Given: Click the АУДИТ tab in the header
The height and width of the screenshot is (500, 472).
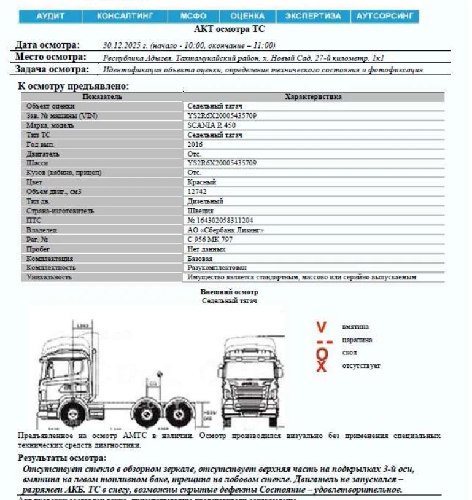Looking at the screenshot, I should click(50, 16).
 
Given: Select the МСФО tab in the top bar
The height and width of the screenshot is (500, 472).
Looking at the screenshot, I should click(193, 16).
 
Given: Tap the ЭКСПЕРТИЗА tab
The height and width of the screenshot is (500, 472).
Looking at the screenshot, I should click(313, 16).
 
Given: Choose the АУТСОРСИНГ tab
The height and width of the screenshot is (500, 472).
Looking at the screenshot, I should click(385, 16).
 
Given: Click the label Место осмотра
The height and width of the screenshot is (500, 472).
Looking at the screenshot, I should click(49, 57).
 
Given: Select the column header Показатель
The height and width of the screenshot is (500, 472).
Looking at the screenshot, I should click(102, 96).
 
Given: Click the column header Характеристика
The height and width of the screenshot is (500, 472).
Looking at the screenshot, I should click(314, 96).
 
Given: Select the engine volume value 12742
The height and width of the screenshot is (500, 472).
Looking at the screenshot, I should click(197, 192).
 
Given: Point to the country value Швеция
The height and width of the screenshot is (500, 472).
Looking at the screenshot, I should click(200, 211).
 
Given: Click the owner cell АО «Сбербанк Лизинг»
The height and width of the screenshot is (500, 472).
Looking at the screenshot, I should click(225, 230).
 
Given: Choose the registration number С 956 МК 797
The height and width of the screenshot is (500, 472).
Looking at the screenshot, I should click(210, 240).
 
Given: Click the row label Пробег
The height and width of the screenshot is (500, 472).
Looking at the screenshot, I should click(38, 249).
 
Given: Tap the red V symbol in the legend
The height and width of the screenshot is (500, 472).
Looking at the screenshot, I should click(322, 327).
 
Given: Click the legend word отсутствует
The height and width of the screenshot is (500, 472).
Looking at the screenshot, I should click(361, 366).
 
